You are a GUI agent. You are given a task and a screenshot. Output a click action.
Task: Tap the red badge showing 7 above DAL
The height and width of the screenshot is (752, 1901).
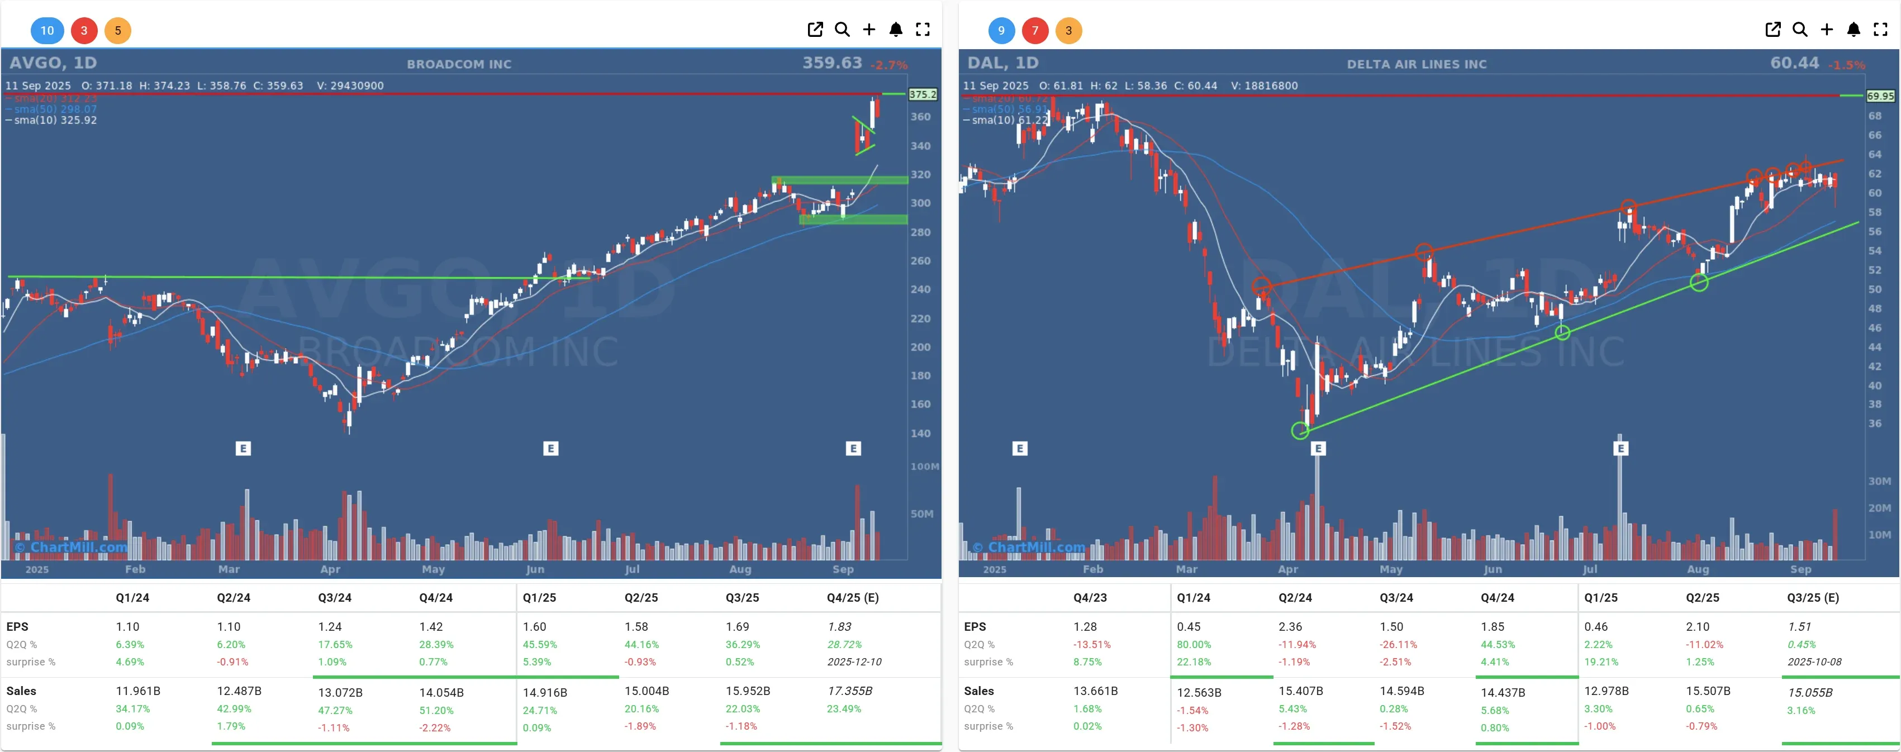pos(1035,30)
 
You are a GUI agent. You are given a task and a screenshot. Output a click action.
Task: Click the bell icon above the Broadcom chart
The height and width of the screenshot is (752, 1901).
pos(895,30)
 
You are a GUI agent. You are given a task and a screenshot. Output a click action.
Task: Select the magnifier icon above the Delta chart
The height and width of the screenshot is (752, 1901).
pos(1800,30)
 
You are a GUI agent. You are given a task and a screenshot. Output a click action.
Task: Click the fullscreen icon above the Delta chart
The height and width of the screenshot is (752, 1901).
pos(1880,30)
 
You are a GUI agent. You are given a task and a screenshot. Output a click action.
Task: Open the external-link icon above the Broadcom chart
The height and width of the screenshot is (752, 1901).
pos(815,30)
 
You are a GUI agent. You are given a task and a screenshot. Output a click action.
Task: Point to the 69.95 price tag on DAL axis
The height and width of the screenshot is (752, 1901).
pos(1880,96)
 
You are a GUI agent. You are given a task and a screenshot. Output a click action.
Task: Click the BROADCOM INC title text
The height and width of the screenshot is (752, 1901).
pos(459,64)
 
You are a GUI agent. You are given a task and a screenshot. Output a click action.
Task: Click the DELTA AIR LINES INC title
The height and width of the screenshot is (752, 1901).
pos(1416,64)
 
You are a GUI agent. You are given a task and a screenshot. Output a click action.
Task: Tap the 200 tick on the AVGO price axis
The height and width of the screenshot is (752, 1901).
pos(920,347)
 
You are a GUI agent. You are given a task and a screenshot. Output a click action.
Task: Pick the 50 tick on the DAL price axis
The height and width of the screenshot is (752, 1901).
pos(1874,289)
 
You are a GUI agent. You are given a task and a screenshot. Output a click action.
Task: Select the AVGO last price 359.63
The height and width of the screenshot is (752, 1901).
pos(831,63)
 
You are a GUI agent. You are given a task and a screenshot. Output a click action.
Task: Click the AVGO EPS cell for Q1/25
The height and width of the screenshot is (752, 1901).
pos(534,626)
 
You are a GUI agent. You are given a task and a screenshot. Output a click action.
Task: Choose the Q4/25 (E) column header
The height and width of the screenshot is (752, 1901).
pos(852,598)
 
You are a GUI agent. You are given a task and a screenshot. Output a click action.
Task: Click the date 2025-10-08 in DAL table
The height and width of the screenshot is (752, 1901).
pos(1813,662)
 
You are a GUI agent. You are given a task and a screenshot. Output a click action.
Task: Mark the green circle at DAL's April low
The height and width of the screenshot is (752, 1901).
pos(1300,431)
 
